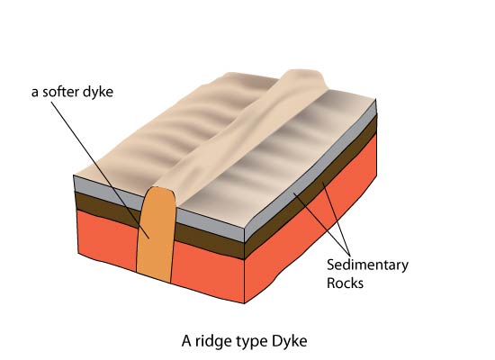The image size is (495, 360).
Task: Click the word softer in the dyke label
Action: (x=60, y=92)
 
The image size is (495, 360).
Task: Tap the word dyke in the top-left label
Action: (x=98, y=92)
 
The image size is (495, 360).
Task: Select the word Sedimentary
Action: (x=367, y=265)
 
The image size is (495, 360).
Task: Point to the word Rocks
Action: (x=345, y=283)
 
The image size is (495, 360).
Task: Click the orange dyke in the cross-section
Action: (x=156, y=235)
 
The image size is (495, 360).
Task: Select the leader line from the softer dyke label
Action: (x=100, y=170)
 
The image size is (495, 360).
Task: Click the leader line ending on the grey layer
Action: (x=321, y=224)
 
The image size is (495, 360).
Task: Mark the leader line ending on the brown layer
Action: (x=337, y=220)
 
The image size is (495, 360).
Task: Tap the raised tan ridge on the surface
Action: (x=240, y=130)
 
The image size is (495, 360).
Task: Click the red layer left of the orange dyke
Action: (x=107, y=240)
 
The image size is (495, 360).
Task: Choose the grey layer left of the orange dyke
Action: (x=107, y=192)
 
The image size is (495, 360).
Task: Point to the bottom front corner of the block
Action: (x=244, y=303)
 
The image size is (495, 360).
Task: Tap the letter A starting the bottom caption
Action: (x=186, y=341)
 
